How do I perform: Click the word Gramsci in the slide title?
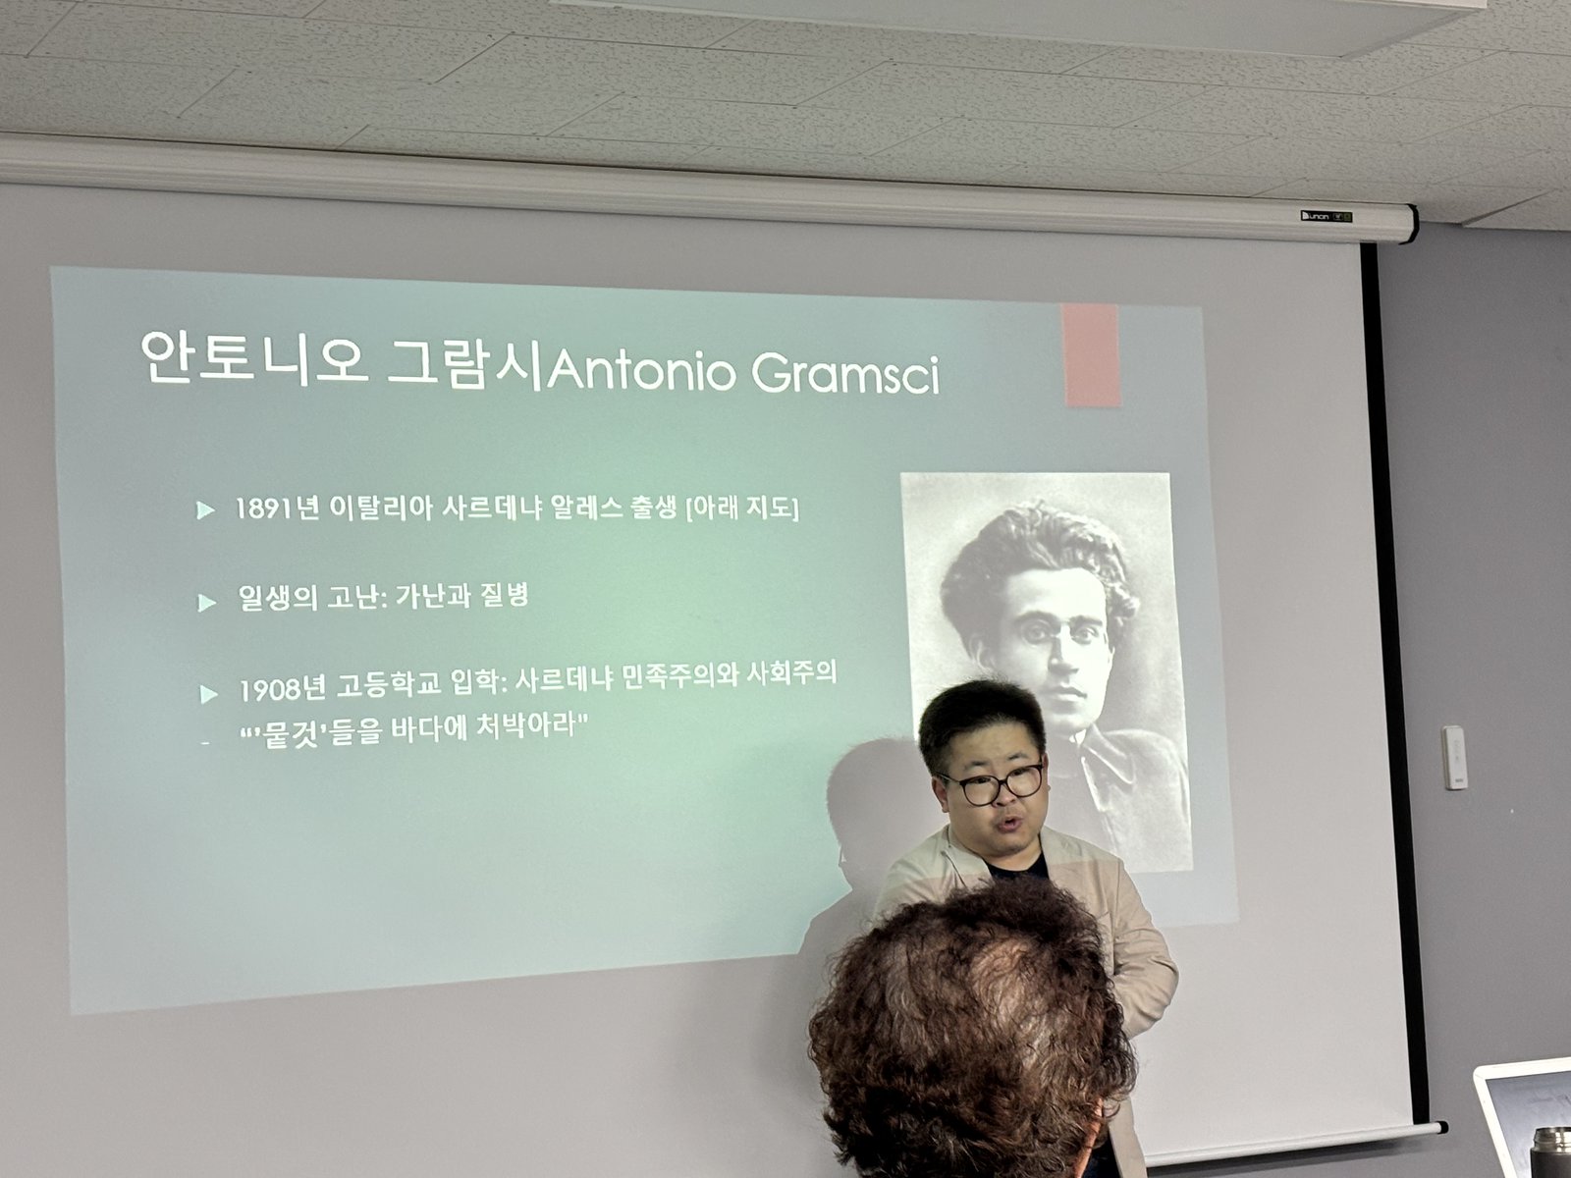click(846, 373)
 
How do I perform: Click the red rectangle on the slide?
click(1092, 354)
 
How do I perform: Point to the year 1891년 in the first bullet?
click(276, 509)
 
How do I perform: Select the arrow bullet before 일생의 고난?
click(206, 603)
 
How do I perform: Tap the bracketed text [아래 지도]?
click(742, 508)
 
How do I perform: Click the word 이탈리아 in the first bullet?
click(382, 508)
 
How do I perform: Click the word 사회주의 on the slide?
click(791, 672)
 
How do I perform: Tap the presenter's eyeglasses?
click(992, 783)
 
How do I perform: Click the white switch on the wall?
click(1453, 758)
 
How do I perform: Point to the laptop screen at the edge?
click(1528, 1118)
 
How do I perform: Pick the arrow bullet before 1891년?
click(205, 509)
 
